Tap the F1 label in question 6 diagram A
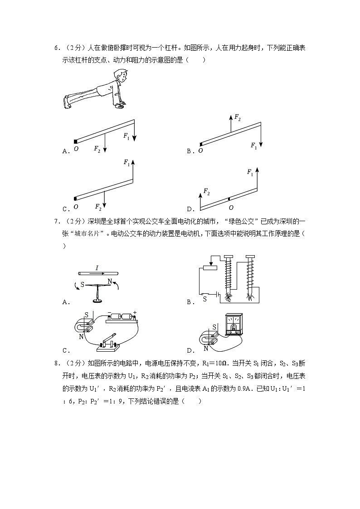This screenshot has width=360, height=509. click(x=126, y=136)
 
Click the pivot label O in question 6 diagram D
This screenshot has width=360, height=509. click(x=231, y=207)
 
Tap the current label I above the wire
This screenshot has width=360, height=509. click(x=97, y=268)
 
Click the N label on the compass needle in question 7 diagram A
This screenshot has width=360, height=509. click(x=109, y=281)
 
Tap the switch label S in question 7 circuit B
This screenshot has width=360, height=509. click(x=204, y=299)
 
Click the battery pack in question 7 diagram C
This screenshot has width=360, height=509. click(x=122, y=318)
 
